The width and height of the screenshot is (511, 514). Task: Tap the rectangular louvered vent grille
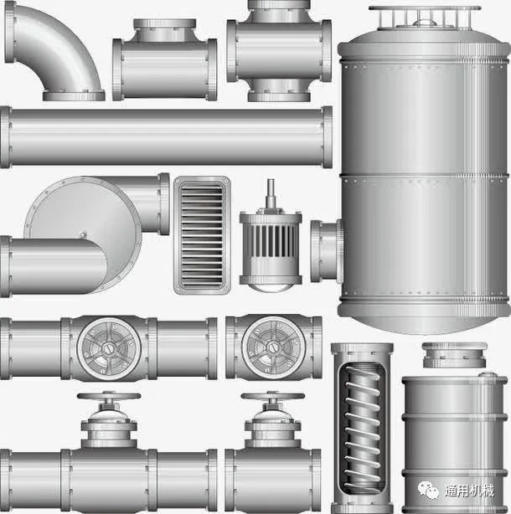coord(202,235)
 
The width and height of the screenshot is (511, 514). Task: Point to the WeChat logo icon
coord(428,490)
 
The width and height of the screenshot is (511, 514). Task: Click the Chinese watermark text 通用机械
coord(469,491)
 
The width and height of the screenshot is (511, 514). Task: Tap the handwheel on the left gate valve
coord(109,396)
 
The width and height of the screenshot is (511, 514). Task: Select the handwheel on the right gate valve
coord(272,396)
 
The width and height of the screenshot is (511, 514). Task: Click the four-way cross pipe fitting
coord(279,50)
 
